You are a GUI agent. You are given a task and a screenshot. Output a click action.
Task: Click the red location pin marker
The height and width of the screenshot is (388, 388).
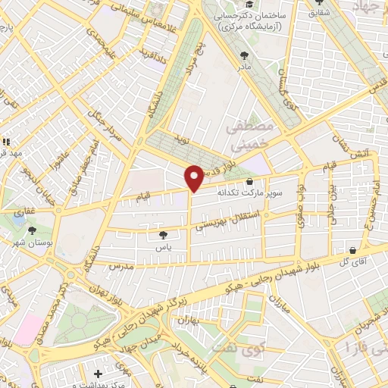(x=194, y=177)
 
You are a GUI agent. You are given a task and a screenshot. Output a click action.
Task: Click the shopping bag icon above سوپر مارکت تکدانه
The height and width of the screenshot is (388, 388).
(x=250, y=181)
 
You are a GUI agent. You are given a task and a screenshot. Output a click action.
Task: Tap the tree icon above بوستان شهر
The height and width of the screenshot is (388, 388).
(x=31, y=230)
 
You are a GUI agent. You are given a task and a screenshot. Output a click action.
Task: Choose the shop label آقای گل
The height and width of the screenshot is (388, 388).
(x=354, y=262)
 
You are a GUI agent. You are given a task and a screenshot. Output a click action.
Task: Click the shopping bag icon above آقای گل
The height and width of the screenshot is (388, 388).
(x=354, y=250)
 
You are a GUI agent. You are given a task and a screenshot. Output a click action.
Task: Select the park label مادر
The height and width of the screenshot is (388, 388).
(x=244, y=67)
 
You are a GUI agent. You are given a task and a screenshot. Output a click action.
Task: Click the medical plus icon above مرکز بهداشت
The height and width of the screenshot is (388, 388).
(x=97, y=373)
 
